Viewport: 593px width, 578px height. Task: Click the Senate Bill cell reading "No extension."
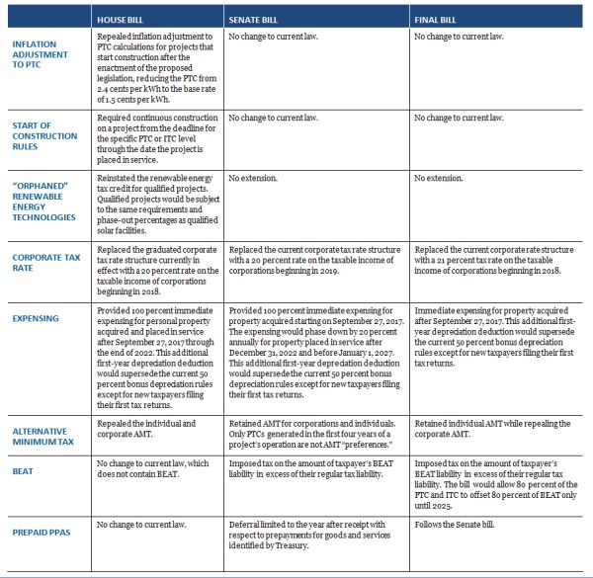[x=257, y=180]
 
